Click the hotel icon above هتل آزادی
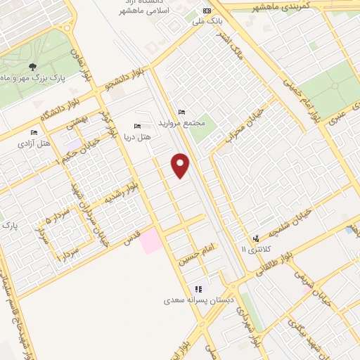tap(33, 132)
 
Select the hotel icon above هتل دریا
tap(138, 126)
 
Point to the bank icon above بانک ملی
tap(207, 11)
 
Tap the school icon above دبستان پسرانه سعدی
tap(199, 288)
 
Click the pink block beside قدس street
tap(150, 243)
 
